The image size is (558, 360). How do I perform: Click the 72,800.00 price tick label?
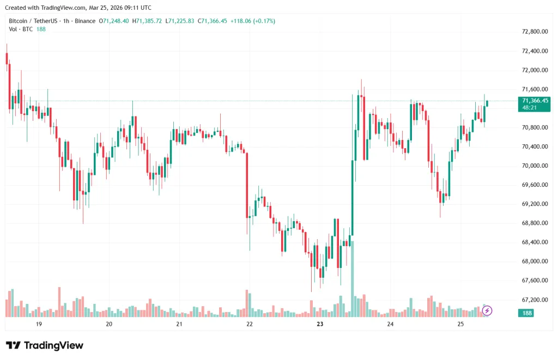[535, 32]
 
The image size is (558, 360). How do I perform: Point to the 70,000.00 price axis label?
[535, 166]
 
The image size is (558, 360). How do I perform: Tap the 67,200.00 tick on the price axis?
[535, 300]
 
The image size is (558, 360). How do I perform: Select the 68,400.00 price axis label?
[535, 242]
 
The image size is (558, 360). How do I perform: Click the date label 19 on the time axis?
[39, 324]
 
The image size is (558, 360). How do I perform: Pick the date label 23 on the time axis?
[320, 324]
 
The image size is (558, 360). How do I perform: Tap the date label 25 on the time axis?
[460, 324]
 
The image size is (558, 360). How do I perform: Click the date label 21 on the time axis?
[179, 324]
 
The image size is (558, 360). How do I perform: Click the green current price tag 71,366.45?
[535, 101]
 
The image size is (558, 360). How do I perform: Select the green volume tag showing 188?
[527, 313]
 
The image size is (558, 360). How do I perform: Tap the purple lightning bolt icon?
[487, 310]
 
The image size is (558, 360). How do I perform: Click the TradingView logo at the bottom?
[45, 345]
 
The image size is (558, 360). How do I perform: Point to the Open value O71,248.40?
[113, 21]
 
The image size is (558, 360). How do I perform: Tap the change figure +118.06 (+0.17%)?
[252, 21]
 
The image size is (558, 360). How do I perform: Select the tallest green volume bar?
[352, 278]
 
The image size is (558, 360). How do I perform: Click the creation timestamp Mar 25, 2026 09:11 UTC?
[120, 8]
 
